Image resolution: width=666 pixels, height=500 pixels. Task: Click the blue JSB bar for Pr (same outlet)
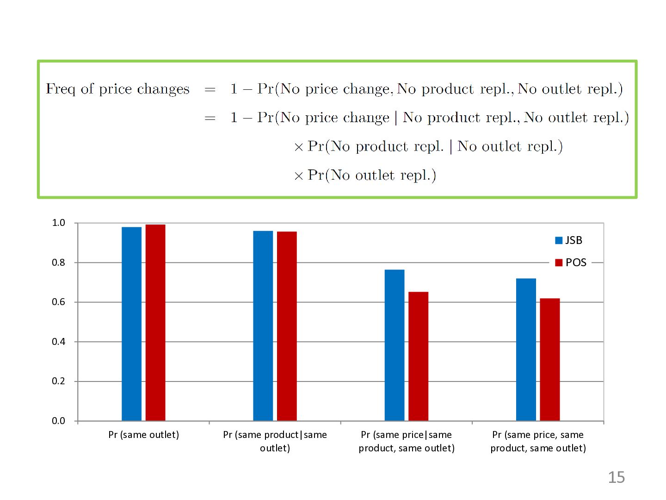point(131,324)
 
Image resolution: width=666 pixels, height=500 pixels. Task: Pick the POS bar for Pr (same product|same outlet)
point(287,326)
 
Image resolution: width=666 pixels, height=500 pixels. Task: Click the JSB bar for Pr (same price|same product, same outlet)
point(395,345)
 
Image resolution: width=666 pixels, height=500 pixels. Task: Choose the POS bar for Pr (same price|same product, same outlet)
point(419,356)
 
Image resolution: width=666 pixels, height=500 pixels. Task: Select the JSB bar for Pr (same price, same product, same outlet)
point(526,350)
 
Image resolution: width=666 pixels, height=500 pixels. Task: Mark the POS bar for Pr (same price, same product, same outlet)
point(550,359)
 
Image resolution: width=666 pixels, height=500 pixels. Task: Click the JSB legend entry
point(568,240)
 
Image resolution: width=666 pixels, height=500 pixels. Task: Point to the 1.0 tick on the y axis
point(59,223)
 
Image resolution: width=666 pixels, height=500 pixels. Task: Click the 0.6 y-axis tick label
point(59,302)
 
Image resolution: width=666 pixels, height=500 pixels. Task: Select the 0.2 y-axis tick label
point(59,381)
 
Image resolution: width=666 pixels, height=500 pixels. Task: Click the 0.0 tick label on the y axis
point(59,421)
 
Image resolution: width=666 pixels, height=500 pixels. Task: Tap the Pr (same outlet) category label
point(143,435)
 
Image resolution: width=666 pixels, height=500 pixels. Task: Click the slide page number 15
point(616,477)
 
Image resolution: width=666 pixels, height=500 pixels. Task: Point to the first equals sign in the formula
point(210,89)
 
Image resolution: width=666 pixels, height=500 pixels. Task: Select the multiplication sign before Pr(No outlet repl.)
point(299,176)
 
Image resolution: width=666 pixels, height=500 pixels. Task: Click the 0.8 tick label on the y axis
point(59,262)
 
